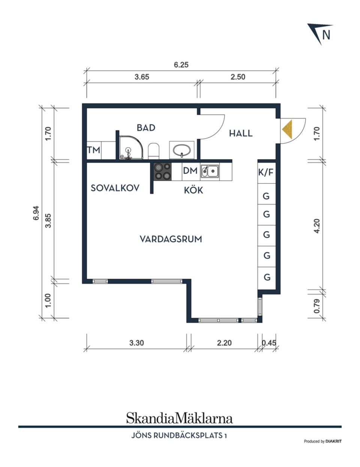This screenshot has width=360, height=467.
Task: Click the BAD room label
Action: point(146,128)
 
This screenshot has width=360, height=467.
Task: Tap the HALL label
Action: point(241,133)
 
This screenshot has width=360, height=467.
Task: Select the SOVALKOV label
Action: point(115,188)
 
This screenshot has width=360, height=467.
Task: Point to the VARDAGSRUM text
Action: point(171,239)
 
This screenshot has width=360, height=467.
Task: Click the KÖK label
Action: point(193,190)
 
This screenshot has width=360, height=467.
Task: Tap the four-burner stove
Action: point(162,171)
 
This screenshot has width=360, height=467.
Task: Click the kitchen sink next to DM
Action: point(210,171)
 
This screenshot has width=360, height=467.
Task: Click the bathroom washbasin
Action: point(181,150)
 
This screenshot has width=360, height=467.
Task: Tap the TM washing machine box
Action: point(94,150)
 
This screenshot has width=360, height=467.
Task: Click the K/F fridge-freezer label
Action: point(266,172)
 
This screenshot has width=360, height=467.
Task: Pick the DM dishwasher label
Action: point(190,171)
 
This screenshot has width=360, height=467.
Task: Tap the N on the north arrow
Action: point(326,34)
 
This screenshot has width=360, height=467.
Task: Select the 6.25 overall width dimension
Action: point(181,65)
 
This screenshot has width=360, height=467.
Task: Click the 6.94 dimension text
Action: point(36,213)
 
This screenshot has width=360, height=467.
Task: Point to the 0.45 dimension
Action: point(268,343)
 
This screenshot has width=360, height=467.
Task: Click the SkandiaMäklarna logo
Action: point(180,418)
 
